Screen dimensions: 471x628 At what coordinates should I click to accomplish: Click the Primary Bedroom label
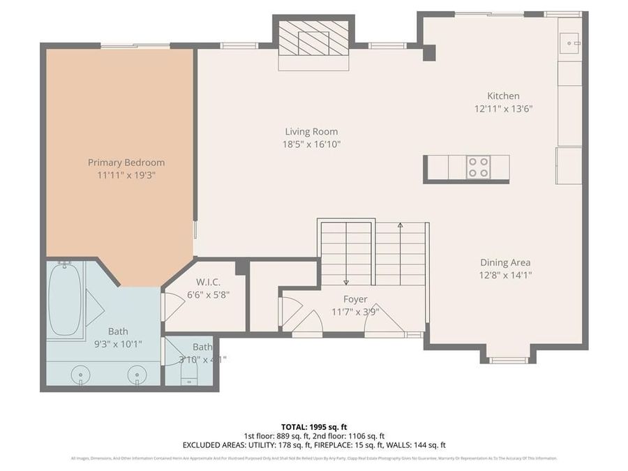(126, 163)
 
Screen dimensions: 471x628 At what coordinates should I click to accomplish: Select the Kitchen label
(503, 96)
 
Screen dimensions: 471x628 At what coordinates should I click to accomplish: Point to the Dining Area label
(505, 262)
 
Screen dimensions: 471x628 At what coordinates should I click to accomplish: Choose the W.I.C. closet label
(208, 282)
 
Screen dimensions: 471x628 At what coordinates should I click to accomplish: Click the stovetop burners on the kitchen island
(479, 167)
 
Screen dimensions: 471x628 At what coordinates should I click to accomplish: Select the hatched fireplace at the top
(313, 38)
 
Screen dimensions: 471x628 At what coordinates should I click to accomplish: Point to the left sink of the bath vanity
(80, 375)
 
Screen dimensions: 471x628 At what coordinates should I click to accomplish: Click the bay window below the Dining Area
(508, 360)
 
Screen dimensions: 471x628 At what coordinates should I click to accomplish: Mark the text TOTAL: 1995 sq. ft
(313, 426)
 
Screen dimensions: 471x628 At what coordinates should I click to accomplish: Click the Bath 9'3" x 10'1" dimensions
(117, 343)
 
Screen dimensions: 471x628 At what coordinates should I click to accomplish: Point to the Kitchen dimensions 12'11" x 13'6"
(503, 108)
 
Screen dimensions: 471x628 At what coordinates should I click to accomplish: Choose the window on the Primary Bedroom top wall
(135, 46)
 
